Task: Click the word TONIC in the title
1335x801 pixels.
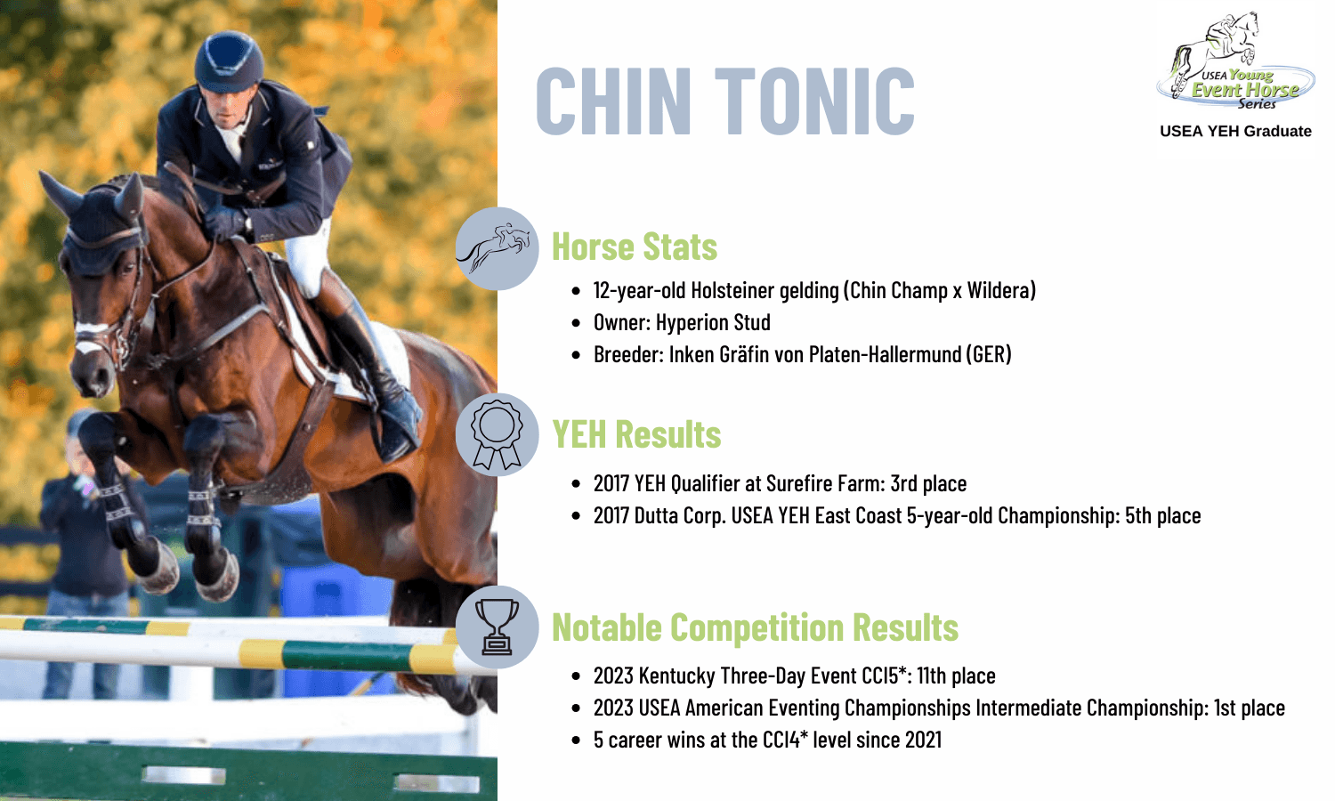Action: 814,101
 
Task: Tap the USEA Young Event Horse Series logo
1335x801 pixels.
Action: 1235,61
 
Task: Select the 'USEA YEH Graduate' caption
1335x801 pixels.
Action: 1235,131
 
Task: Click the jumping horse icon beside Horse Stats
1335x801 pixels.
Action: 497,248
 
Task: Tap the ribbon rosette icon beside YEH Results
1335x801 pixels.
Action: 497,434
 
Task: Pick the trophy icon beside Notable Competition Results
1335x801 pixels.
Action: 497,627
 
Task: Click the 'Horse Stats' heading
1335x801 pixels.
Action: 635,247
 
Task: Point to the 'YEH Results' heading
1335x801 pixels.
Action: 636,434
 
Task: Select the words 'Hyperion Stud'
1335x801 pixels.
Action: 714,322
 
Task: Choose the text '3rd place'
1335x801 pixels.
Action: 928,483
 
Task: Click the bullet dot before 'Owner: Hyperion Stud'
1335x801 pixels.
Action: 576,323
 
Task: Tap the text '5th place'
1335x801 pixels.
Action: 1162,515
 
